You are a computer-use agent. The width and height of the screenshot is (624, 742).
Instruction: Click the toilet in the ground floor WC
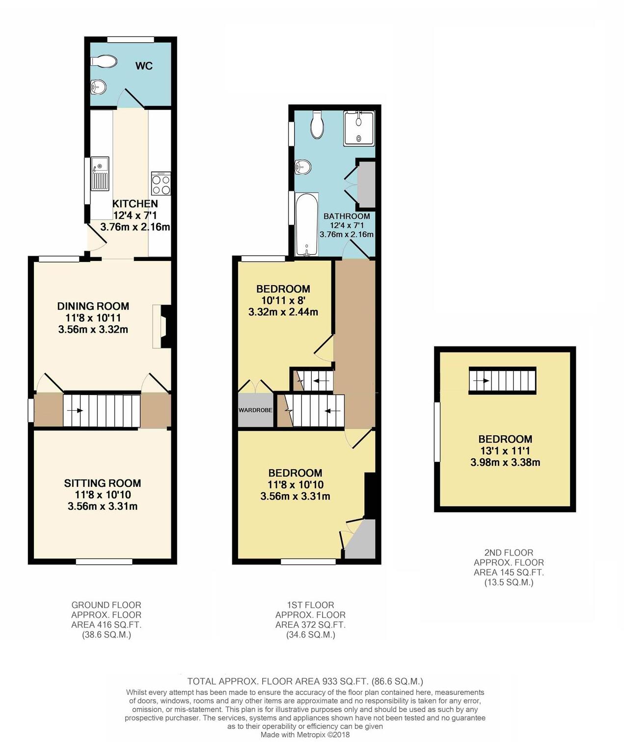[104, 61]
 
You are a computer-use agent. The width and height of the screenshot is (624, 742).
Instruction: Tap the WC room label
[144, 66]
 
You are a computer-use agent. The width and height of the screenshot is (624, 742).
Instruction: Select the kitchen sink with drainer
[100, 174]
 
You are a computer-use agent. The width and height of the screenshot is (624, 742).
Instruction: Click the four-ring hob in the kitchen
[161, 184]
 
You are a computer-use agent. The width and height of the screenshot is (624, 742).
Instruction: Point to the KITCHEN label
[135, 204]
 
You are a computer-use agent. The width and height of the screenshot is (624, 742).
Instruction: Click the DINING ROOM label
[93, 306]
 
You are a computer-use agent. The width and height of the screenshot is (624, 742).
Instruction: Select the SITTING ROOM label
[103, 483]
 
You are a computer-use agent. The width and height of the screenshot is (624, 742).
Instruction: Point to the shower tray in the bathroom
[359, 128]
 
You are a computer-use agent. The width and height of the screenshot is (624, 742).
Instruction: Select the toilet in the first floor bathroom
[317, 125]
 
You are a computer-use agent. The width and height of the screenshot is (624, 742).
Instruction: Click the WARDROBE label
[255, 410]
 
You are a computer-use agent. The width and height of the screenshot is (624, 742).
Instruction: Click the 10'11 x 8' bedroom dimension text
[283, 300]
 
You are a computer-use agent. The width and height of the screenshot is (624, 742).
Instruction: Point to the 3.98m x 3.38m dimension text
[505, 462]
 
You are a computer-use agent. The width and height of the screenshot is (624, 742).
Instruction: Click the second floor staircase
[502, 380]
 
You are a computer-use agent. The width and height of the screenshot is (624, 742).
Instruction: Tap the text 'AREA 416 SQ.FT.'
[106, 625]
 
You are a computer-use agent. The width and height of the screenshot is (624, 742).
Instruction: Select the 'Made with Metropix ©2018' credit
[305, 735]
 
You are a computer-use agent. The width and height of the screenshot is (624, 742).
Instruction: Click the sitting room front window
[104, 561]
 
